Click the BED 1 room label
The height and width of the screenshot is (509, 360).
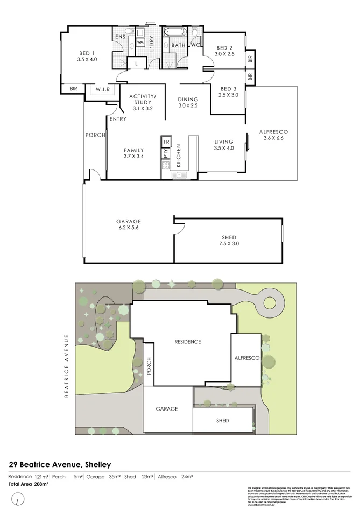tap(87, 53)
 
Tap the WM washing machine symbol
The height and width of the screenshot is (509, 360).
tap(140, 42)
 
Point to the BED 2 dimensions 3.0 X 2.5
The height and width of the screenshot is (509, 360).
tap(225, 54)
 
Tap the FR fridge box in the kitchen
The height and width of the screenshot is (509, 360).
tap(166, 142)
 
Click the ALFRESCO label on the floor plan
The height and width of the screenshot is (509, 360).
tap(274, 132)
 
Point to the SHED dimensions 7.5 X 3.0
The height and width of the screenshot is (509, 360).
tap(229, 244)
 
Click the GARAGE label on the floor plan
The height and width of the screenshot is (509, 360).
tap(129, 221)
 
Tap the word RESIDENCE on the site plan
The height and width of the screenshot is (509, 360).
tap(187, 342)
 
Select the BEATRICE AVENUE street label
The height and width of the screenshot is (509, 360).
tap(67, 365)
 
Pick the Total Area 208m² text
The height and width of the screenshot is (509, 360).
tap(27, 484)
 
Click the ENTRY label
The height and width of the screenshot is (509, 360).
tap(117, 119)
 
